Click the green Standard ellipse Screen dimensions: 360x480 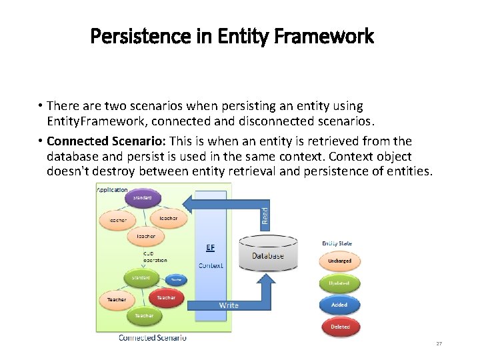(140, 277)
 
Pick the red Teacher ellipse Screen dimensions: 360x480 (166, 297)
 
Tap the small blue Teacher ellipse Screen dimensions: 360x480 (176, 280)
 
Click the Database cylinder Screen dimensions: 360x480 (268, 253)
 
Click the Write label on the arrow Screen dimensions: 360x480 (229, 305)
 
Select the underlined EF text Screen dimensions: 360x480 (210, 247)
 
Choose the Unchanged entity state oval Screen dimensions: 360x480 (339, 261)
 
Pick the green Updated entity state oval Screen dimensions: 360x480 (339, 283)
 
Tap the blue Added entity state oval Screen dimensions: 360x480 (339, 305)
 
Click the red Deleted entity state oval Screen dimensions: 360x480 (339, 327)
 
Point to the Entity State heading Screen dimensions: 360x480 (337, 243)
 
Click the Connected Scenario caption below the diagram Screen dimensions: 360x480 (153, 338)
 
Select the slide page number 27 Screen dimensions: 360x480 (439, 343)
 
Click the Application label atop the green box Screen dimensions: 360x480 (113, 190)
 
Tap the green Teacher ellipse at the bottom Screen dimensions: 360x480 (143, 315)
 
